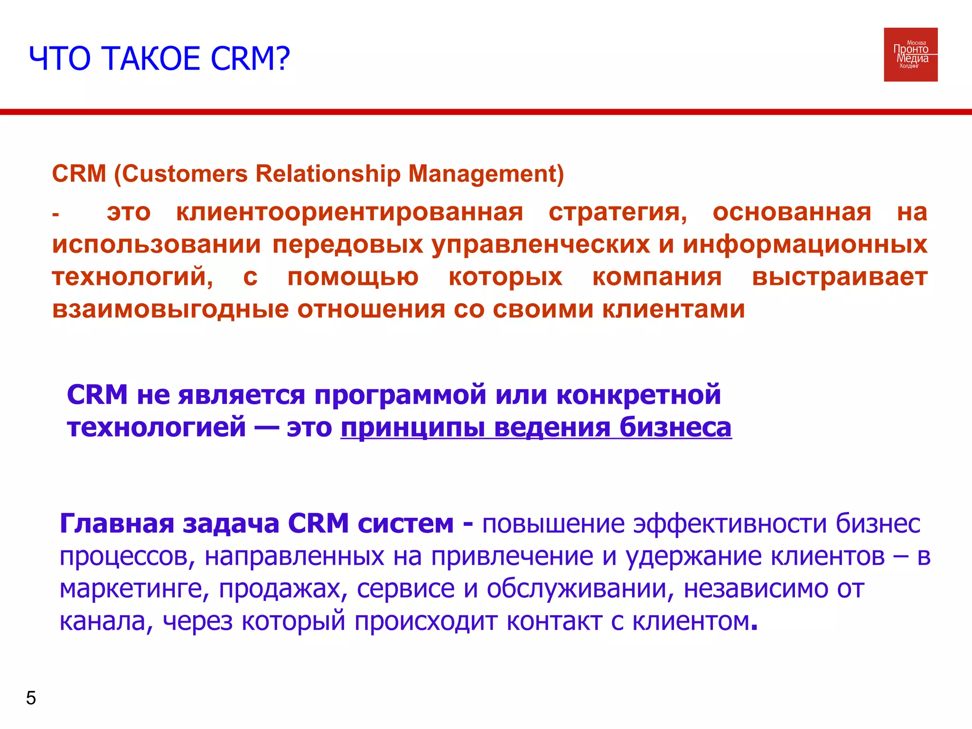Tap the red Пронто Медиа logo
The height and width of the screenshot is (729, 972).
910,55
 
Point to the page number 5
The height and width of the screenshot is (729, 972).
31,698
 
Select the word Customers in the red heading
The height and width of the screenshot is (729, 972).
185,174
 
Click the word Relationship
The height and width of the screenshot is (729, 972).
328,174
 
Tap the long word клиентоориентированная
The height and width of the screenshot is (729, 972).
349,212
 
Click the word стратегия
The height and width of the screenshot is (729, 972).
617,212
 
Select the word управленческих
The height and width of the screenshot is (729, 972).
541,245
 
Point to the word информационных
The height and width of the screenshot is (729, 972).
805,245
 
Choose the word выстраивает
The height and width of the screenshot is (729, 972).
840,277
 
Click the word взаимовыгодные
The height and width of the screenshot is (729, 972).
170,309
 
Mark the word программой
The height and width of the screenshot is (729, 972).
400,395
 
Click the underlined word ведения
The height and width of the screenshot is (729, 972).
552,428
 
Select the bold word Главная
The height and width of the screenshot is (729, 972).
117,523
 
